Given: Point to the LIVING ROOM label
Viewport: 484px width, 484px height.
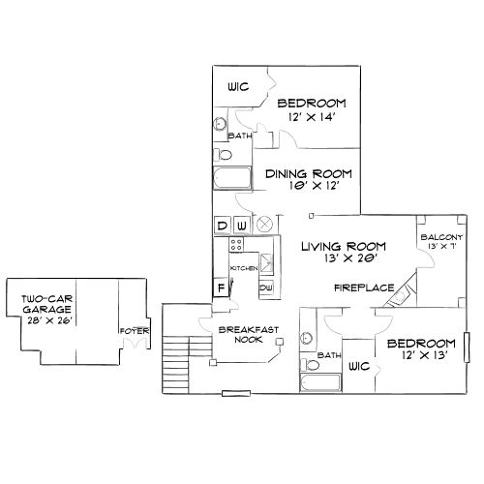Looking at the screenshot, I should pyautogui.click(x=343, y=246).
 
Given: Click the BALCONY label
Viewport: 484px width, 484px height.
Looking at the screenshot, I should pyautogui.click(x=440, y=238).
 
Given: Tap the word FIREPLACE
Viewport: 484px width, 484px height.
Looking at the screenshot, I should pyautogui.click(x=363, y=287).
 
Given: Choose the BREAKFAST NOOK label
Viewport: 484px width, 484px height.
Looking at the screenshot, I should pyautogui.click(x=249, y=335).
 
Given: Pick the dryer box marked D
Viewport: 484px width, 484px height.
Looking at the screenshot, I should pyautogui.click(x=222, y=227).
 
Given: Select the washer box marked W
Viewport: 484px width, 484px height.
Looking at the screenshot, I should pyautogui.click(x=240, y=227).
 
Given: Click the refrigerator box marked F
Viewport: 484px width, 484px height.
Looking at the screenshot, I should pyautogui.click(x=222, y=287).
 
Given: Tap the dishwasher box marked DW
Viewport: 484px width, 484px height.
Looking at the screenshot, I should pyautogui.click(x=266, y=287).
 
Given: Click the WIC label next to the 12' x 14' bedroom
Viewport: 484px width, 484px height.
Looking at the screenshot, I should pyautogui.click(x=238, y=87).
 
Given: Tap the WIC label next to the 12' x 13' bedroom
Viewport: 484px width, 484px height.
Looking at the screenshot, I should pyautogui.click(x=359, y=368).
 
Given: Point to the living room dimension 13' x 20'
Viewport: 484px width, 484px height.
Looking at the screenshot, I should pyautogui.click(x=343, y=258).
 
